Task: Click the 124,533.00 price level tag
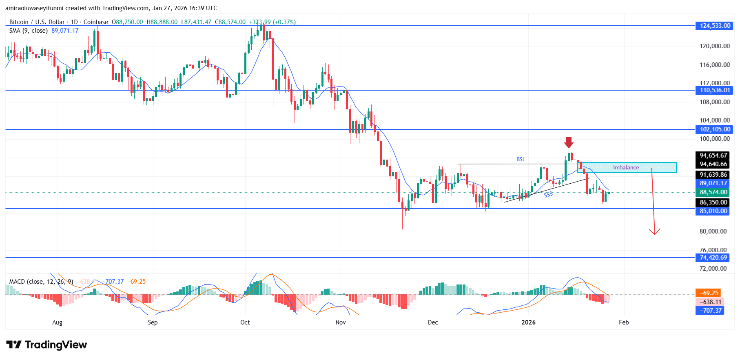coord(714,26)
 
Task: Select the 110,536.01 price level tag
coord(714,90)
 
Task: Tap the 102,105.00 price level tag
coord(714,129)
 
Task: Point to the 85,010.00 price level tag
coord(713,211)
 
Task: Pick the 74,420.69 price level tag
coord(713,258)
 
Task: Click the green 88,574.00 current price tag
coord(713,192)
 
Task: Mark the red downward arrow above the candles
coord(569,142)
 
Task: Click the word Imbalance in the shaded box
coord(626,167)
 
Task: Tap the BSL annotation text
coord(521,160)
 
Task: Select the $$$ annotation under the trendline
coord(548,195)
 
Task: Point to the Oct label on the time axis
coord(245,322)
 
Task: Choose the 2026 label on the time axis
coord(528,322)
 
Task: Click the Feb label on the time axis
coord(624,322)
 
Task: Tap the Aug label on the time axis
coord(58,322)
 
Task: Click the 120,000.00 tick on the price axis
coord(715,46)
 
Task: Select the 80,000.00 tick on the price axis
coord(713,231)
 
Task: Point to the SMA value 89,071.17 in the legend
coord(65,31)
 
